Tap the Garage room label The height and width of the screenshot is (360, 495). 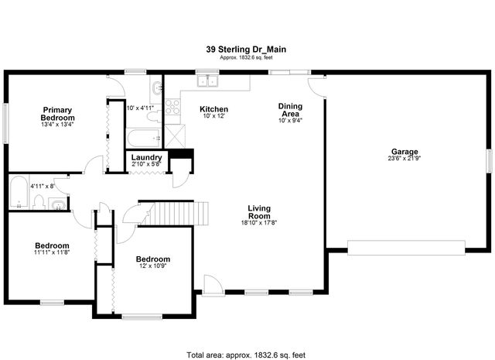tap(404, 152)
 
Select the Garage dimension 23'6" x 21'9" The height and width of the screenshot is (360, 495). tap(404, 159)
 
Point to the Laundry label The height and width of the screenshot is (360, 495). tap(145, 157)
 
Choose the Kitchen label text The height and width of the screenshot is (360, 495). tap(213, 109)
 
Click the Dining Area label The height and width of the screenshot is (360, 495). tap(290, 110)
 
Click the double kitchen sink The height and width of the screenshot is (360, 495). tap(207, 81)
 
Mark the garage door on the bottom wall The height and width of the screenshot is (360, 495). tap(406, 247)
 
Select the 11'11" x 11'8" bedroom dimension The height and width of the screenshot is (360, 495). tap(52, 252)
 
